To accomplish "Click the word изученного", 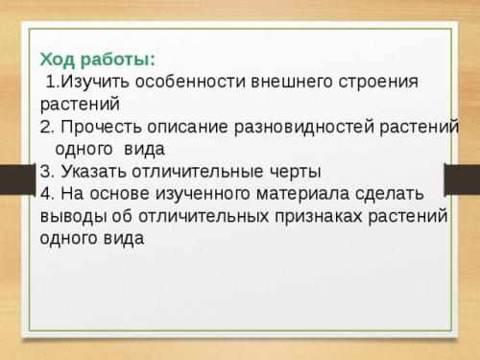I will (192, 194).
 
